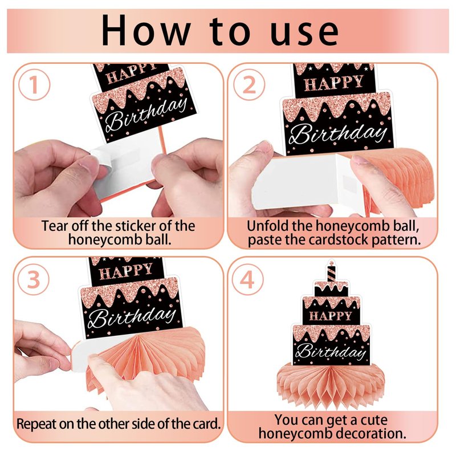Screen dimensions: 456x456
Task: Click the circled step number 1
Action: [34, 84]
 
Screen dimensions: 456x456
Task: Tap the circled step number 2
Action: [249, 84]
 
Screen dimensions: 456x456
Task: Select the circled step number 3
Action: [34, 279]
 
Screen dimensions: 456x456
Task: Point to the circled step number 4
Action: [247, 279]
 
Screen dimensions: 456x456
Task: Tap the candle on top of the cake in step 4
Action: [331, 271]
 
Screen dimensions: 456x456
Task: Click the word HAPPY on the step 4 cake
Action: [331, 316]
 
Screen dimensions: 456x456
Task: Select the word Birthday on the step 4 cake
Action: [331, 351]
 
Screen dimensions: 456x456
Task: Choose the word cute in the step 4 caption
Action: [374, 420]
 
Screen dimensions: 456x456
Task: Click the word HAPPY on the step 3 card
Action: [126, 272]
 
